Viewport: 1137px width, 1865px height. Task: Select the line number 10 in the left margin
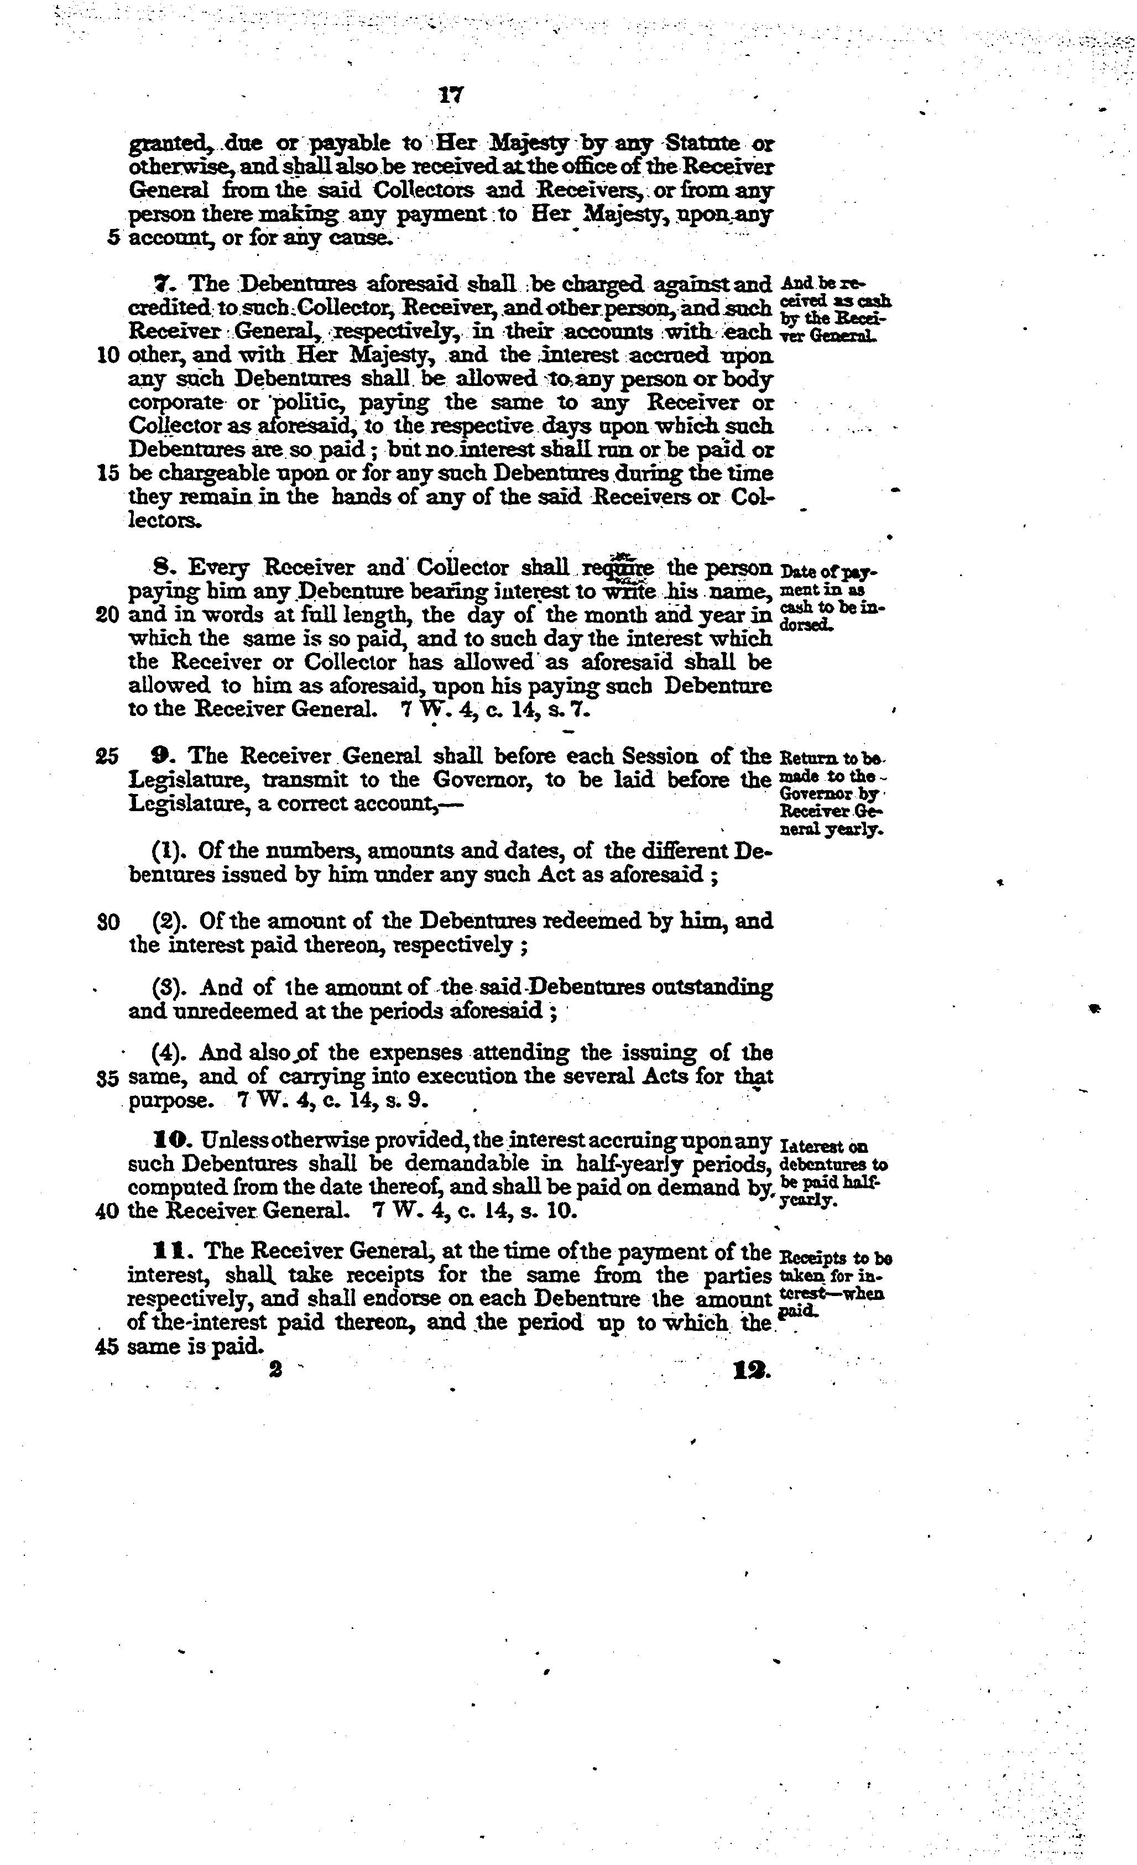[x=108, y=356]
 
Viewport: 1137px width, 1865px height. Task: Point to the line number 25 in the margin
[x=108, y=757]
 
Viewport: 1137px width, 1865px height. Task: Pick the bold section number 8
[x=160, y=568]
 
